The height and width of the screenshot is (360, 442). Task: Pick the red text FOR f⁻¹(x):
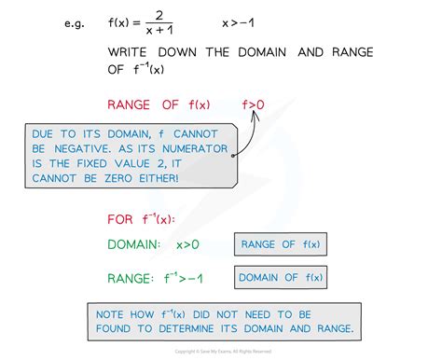point(139,220)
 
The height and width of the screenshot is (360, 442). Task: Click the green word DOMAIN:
point(137,245)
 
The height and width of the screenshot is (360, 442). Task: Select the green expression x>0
point(188,245)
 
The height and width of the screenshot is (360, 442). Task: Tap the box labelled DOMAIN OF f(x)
point(281,277)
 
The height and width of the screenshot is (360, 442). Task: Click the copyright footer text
point(220,352)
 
